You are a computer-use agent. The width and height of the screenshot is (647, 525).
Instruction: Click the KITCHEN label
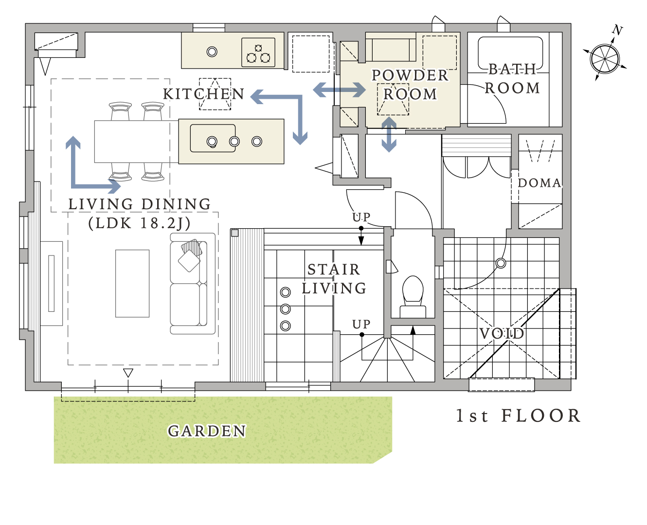[204, 94]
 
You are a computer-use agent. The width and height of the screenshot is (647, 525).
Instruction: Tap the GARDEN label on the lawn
[207, 431]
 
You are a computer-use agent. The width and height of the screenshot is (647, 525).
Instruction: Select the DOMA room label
[539, 183]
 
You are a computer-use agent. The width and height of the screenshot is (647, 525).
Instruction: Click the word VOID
[502, 333]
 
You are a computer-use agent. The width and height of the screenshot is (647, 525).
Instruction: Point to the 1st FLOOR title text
[519, 416]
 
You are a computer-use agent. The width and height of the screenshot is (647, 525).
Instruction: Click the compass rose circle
[605, 59]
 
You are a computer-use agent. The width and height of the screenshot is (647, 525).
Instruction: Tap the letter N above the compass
[617, 30]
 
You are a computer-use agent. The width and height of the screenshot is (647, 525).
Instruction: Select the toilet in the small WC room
[413, 297]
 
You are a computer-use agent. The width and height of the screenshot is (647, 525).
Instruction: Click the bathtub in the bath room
[510, 54]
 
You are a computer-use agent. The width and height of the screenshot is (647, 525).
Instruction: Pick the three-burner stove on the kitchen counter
[258, 52]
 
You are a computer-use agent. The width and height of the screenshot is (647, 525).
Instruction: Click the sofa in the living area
[193, 284]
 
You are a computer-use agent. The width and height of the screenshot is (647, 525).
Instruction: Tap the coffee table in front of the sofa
[132, 284]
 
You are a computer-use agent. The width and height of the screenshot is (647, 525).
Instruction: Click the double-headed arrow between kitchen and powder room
[339, 90]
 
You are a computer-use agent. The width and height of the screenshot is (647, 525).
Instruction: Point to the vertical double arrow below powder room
[389, 134]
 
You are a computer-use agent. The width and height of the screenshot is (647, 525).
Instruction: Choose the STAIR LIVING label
[334, 279]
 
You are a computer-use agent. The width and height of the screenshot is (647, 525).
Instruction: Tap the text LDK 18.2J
[140, 223]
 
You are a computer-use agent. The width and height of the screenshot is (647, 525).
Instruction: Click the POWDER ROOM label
[410, 85]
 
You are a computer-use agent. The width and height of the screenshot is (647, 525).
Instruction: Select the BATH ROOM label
[512, 79]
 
